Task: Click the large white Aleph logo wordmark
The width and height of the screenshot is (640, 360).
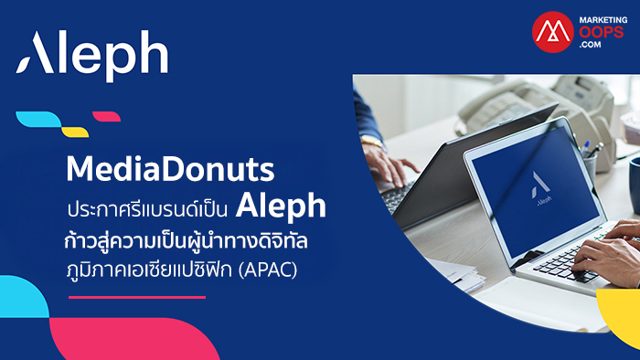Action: (x=91, y=56)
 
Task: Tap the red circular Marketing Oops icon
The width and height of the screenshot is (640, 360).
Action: (x=553, y=32)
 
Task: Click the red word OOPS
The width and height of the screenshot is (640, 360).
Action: (x=602, y=32)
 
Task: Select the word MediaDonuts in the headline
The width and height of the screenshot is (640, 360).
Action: (x=170, y=169)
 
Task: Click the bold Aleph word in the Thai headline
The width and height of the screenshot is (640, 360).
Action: (x=281, y=206)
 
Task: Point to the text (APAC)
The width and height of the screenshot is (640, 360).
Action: (x=268, y=270)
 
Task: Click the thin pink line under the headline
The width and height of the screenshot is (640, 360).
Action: (x=137, y=297)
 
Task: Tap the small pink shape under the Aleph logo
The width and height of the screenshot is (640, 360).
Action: (x=107, y=117)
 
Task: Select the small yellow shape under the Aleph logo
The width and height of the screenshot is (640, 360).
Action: (x=75, y=132)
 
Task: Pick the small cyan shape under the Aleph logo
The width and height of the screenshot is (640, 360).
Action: (x=38, y=119)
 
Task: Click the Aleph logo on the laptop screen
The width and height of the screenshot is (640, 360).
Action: (x=541, y=188)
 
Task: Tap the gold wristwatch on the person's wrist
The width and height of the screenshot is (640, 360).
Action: (x=372, y=141)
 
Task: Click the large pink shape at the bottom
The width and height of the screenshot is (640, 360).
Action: (x=134, y=339)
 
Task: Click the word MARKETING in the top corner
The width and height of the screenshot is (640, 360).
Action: (x=603, y=19)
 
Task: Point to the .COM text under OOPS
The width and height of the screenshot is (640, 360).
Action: (x=590, y=45)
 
